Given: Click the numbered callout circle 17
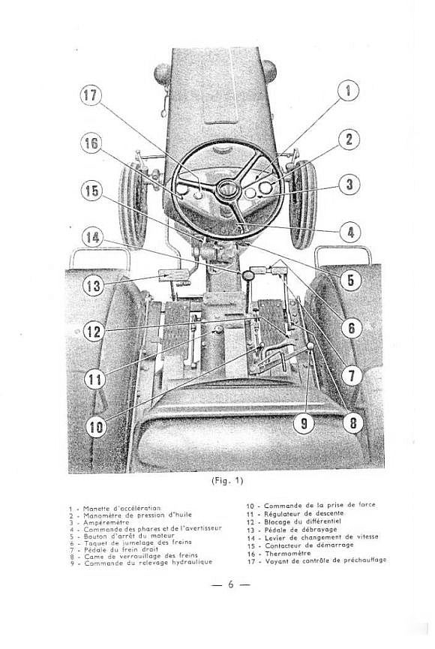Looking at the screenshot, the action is pos(90,95).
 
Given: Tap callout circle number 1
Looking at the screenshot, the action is pos(348,90).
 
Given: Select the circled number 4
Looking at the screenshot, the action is pos(350,232).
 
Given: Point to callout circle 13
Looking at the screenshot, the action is pos(93,286).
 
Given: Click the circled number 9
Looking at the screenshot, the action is pos(304,423).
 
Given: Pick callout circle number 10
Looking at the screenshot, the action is pos(95,426).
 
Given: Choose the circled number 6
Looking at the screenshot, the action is pos(352,328).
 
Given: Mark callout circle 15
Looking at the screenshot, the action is pos(91,191).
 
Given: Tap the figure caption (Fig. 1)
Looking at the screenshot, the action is pos(226,481).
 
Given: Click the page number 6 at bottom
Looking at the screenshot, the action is pos(231,584).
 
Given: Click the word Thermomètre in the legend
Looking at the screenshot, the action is pos(288,554).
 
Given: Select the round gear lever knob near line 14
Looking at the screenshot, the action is pos(249,275).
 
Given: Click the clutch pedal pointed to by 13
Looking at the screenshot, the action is pos(173,275).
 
